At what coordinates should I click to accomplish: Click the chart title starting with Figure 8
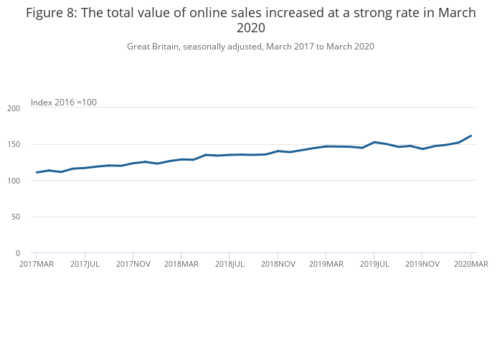tap(251, 20)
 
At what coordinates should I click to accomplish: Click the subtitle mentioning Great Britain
tap(251, 47)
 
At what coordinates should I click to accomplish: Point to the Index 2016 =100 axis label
tap(64, 103)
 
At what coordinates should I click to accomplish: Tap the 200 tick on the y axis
tap(14, 108)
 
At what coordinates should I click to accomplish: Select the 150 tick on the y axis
tap(14, 145)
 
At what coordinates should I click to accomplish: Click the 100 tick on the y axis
tap(14, 181)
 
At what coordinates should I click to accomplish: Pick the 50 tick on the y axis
tap(16, 217)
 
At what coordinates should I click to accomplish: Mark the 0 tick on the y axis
tap(18, 254)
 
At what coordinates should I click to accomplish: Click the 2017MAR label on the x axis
tap(37, 265)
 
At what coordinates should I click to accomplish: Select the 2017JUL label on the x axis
tap(85, 265)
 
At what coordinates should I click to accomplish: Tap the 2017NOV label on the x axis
tap(133, 265)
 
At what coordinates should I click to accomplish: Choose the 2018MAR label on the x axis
tap(181, 265)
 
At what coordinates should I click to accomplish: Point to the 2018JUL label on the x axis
tap(229, 265)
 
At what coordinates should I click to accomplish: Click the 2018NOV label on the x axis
tap(278, 265)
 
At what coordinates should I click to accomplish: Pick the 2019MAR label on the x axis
tap(326, 265)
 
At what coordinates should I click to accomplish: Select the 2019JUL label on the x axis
tap(374, 265)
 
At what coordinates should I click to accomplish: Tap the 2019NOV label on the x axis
tap(422, 265)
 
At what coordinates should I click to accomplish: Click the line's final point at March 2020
tap(470, 136)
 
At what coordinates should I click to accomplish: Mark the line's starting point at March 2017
tap(37, 172)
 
